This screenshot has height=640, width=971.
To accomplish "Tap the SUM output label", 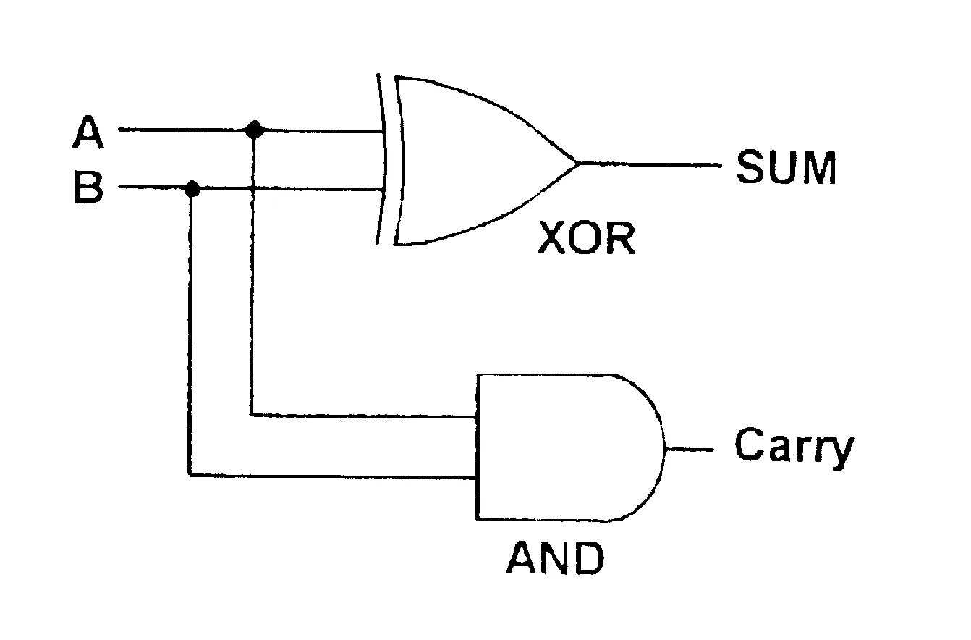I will coord(786,168).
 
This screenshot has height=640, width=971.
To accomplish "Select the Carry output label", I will coord(794,447).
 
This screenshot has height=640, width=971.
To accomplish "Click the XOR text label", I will coord(586,239).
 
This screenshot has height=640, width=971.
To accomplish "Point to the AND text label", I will coord(554,558).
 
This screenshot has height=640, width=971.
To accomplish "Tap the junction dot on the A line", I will coord(254,130).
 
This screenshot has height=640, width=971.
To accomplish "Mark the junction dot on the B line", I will coord(192,189).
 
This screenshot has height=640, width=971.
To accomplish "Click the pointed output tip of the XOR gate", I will coord(577,164).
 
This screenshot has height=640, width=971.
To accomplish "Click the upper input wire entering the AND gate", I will coord(362,416).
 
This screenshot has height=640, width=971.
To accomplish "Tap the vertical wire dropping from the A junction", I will coord(251,290).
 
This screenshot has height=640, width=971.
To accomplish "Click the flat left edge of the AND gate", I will coord(477,447).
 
